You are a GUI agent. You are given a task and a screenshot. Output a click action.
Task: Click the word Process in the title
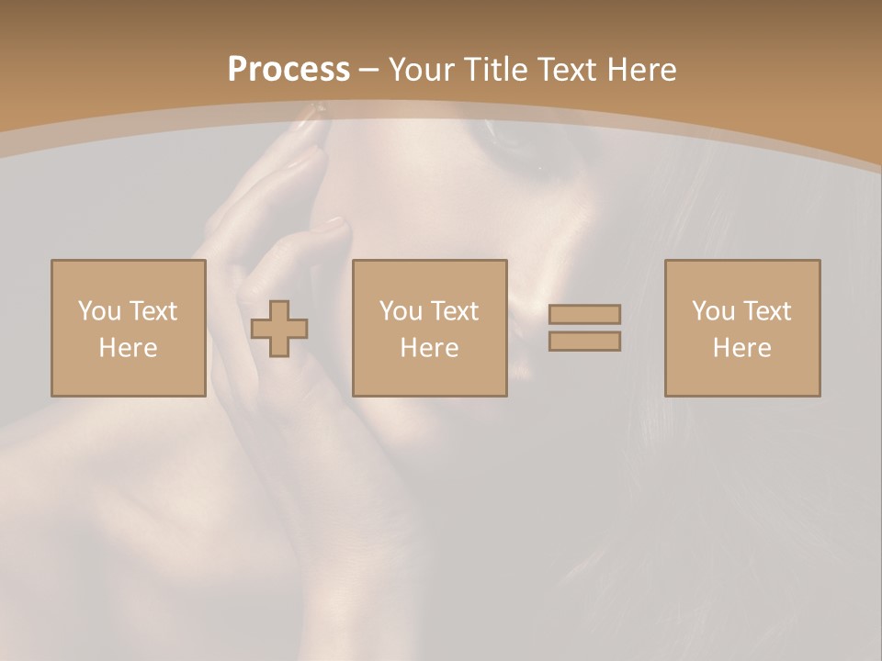(288, 70)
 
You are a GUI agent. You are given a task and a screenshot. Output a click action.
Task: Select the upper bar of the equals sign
(584, 314)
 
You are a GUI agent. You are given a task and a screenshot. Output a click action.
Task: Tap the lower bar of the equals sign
(584, 342)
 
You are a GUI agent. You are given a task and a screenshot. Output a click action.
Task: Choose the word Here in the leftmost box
(128, 348)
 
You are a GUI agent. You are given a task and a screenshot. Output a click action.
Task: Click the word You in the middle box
(401, 311)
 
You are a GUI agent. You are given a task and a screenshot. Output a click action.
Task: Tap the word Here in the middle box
(429, 348)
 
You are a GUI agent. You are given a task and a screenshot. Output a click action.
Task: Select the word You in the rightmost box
(713, 311)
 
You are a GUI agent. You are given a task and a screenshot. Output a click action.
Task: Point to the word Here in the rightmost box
(741, 348)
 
